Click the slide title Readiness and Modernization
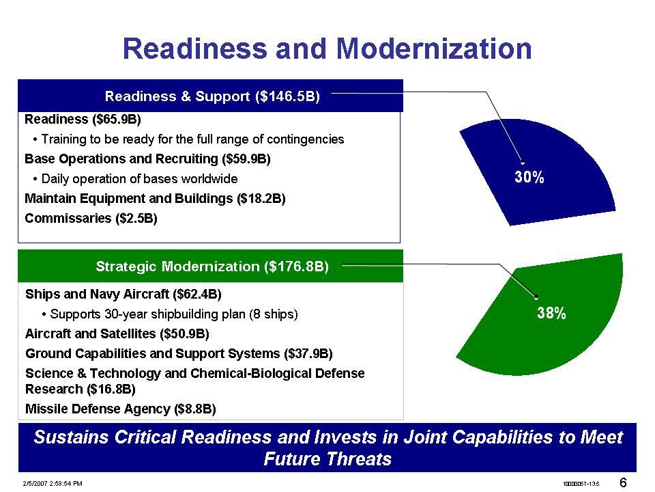(327, 49)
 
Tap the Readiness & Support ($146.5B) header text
(212, 96)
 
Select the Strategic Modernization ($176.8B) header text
(212, 266)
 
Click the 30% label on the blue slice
(529, 177)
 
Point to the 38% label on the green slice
(551, 312)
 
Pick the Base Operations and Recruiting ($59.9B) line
(148, 159)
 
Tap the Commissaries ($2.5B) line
(91, 219)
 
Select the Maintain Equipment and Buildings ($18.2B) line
(155, 198)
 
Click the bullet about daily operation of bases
(135, 179)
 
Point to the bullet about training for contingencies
(188, 139)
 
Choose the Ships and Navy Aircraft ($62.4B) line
(123, 294)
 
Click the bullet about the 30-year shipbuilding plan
(170, 314)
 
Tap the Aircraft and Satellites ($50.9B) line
(117, 334)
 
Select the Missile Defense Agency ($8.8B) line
(121, 409)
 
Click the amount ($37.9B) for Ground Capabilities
(308, 354)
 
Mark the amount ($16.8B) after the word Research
(111, 389)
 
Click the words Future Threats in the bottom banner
(327, 459)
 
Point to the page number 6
(623, 483)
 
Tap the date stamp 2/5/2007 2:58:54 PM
(53, 484)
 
